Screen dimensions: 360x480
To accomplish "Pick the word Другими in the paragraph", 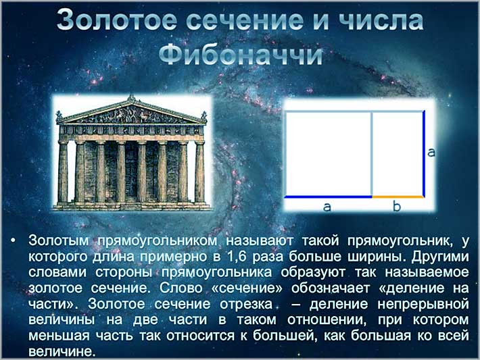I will click(x=443, y=257).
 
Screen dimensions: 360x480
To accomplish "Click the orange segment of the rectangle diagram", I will click(x=398, y=197).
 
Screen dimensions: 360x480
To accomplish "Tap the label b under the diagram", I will click(x=397, y=207).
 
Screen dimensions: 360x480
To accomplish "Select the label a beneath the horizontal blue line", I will click(x=327, y=207).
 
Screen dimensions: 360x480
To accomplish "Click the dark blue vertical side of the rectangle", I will click(x=424, y=153).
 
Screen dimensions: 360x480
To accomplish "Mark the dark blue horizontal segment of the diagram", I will click(x=328, y=197).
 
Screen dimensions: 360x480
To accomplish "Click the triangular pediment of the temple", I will click(x=131, y=111).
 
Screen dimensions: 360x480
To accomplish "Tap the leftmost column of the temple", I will click(x=63, y=172).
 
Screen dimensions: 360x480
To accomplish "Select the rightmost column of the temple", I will click(x=200, y=172).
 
